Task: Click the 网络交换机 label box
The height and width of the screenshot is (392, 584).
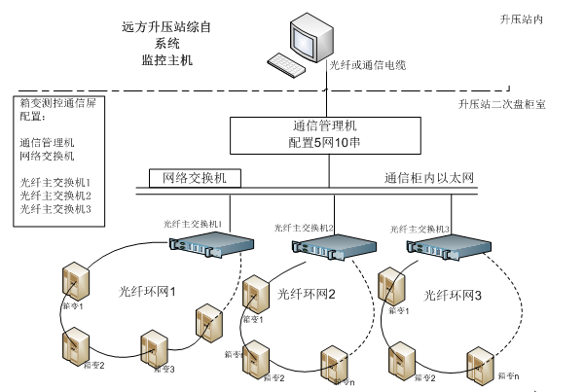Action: [194, 178]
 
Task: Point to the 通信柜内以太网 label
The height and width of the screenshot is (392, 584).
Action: [428, 178]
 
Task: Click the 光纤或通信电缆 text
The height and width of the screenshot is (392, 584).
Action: [367, 65]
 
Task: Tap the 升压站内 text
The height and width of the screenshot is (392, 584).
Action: [521, 18]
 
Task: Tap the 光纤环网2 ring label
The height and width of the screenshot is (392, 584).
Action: [306, 293]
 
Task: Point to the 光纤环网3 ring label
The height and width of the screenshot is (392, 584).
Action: [454, 295]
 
